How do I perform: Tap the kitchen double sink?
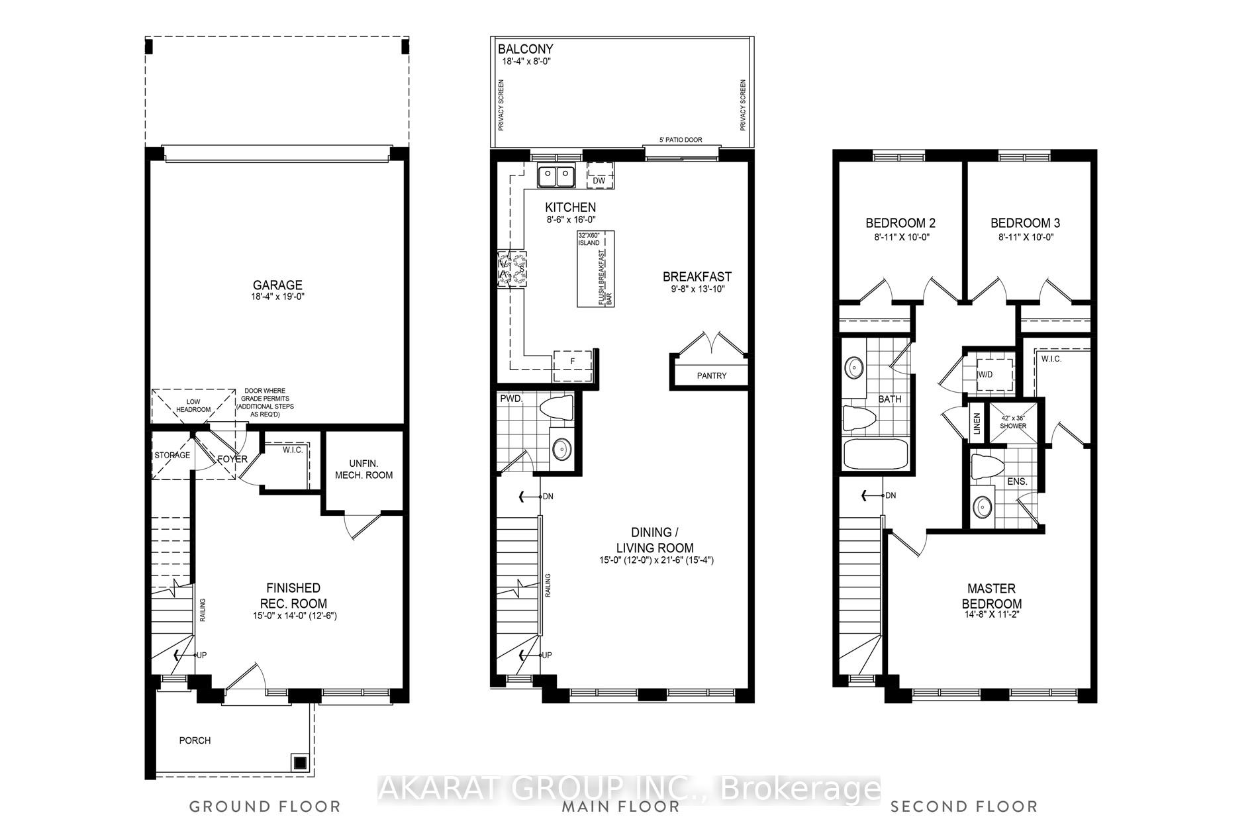pos(556,177)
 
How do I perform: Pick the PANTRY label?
pos(712,375)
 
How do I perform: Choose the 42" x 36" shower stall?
pos(1013,422)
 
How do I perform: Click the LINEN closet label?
pos(977,424)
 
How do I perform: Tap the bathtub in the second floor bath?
pos(876,455)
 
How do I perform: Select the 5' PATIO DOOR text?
pos(680,140)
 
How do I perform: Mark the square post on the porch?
pos(300,762)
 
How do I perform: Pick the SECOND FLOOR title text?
pos(964,806)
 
